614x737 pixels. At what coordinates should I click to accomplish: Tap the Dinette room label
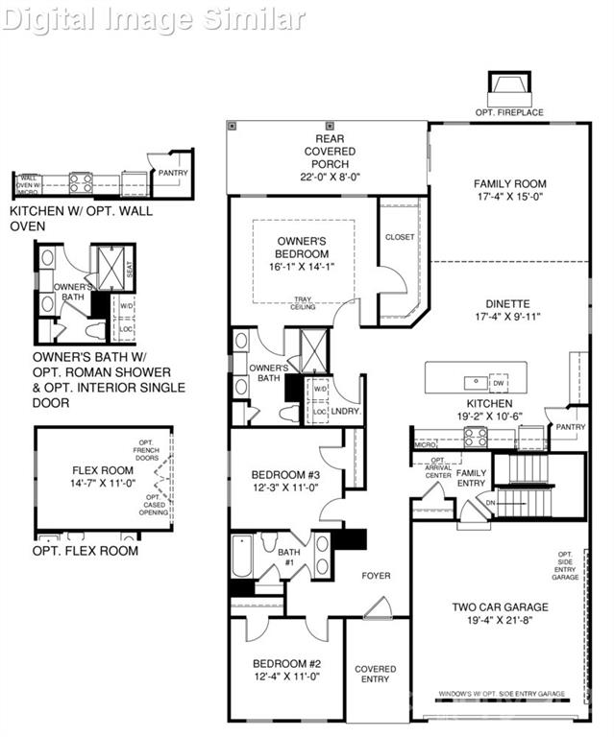point(509,311)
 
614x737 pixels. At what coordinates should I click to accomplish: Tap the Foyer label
point(376,576)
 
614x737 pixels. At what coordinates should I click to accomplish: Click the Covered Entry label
point(375,675)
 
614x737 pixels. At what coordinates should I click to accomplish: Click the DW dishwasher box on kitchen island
point(498,381)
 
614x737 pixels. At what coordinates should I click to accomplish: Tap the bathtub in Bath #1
point(242,556)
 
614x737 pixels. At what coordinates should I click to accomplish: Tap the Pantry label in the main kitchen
point(571,427)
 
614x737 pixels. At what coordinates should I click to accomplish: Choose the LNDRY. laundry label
point(344,411)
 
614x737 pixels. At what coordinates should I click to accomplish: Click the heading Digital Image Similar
point(154,17)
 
